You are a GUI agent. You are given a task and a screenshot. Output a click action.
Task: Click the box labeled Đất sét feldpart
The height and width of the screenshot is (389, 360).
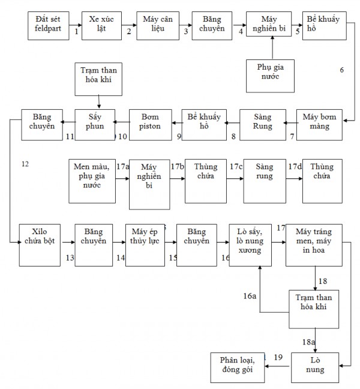(49, 25)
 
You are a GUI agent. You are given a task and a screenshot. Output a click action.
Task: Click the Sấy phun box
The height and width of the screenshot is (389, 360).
(95, 124)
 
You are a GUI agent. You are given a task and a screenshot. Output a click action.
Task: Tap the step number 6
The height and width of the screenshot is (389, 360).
(341, 70)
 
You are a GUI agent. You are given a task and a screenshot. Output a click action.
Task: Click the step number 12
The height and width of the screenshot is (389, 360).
(25, 163)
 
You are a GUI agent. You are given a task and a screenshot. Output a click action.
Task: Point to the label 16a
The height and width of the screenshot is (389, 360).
(249, 296)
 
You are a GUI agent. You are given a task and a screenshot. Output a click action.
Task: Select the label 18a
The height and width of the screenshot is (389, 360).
(308, 340)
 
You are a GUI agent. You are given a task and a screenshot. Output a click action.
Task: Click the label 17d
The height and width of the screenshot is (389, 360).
(294, 166)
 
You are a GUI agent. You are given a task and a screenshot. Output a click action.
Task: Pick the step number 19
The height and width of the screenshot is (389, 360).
(278, 358)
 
